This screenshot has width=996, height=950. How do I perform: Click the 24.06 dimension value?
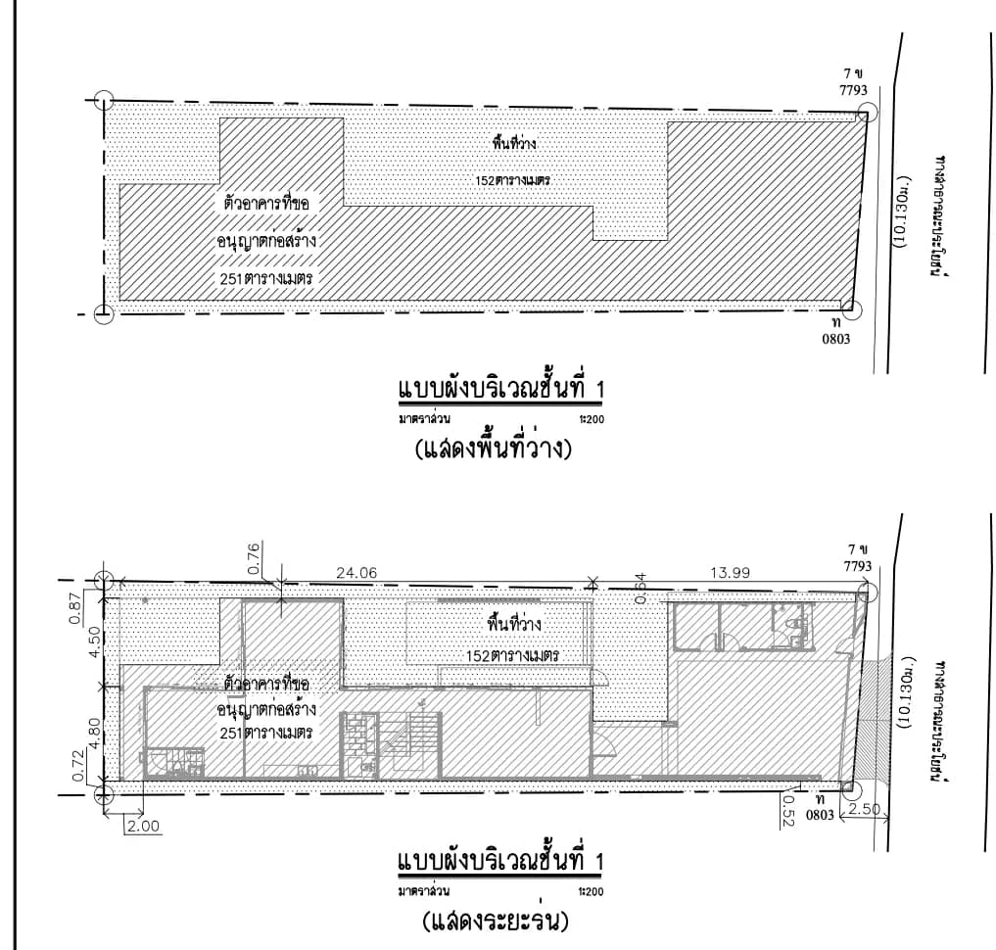pos(356,573)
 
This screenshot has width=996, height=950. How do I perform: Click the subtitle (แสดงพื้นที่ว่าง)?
pos(494,450)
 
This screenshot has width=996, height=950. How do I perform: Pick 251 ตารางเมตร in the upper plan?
pos(266,278)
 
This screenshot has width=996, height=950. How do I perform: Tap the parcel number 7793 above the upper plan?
pos(854,90)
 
